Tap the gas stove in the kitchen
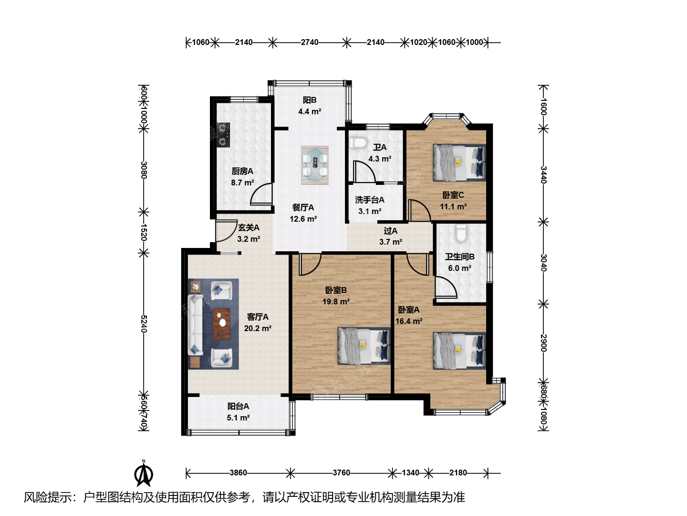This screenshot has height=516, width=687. pos(223,135)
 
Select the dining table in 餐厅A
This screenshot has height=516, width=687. pos(315,165)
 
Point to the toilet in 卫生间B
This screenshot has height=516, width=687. pos(461,233)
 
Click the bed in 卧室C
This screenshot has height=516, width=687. pos(459,162)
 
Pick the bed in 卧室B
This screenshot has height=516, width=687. pos(364,346)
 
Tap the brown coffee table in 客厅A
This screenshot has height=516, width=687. pos(221,323)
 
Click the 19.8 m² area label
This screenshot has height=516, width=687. pos(336,301)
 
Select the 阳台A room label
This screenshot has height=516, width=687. pos(238,406)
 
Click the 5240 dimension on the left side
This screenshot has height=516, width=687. pos(144,323)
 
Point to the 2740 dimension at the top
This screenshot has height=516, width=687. pos(310,42)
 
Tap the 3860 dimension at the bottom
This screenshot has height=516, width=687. pos(238,473)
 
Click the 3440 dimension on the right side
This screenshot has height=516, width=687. pos(544,175)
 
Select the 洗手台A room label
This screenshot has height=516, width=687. pos(370,200)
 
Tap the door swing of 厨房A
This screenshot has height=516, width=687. pos(261,194)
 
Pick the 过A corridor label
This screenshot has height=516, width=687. pos(391,231)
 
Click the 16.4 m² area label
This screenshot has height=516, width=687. pos(409,322)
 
